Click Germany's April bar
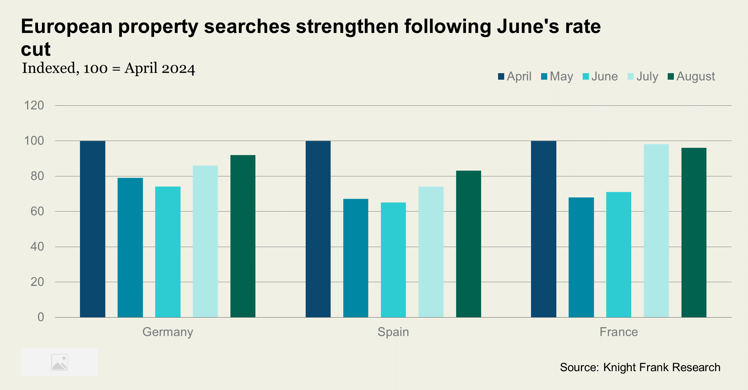tap(93, 229)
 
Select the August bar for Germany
tap(243, 236)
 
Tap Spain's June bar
tap(393, 260)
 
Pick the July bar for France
tap(656, 231)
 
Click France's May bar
tap(581, 257)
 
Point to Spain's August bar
tap(468, 244)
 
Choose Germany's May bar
tap(130, 247)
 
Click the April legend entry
tap(515, 76)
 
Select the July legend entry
tap(643, 76)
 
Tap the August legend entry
tap(691, 76)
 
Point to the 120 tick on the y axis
tap(34, 105)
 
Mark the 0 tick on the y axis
tap(41, 317)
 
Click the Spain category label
tap(393, 332)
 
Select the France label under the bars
tap(619, 332)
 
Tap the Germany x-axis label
tap(168, 332)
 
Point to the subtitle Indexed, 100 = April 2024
tap(109, 68)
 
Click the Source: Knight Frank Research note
tap(640, 367)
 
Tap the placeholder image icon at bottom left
tap(60, 362)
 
